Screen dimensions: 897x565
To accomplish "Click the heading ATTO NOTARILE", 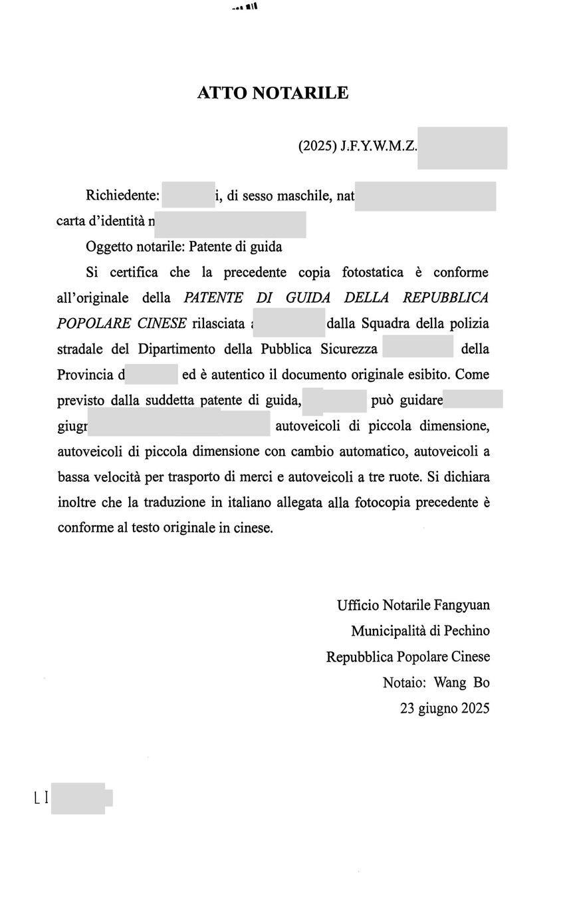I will point(273,93).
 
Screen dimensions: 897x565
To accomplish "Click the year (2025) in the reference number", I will point(317,146).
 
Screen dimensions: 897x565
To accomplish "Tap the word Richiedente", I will point(122,196).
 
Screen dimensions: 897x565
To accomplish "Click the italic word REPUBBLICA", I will point(445,297).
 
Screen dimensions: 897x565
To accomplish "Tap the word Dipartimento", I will point(177,349).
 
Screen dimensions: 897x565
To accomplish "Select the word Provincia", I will point(86,375).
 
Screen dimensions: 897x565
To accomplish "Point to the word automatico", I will point(373,452).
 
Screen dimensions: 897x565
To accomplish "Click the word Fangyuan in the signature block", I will point(462,606).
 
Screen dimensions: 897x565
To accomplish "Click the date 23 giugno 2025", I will point(445,709).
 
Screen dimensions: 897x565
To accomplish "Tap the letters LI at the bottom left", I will point(41,797).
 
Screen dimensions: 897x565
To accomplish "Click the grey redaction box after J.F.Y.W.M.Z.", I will point(462,148).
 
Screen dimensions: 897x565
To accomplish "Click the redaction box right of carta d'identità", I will point(230,224).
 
